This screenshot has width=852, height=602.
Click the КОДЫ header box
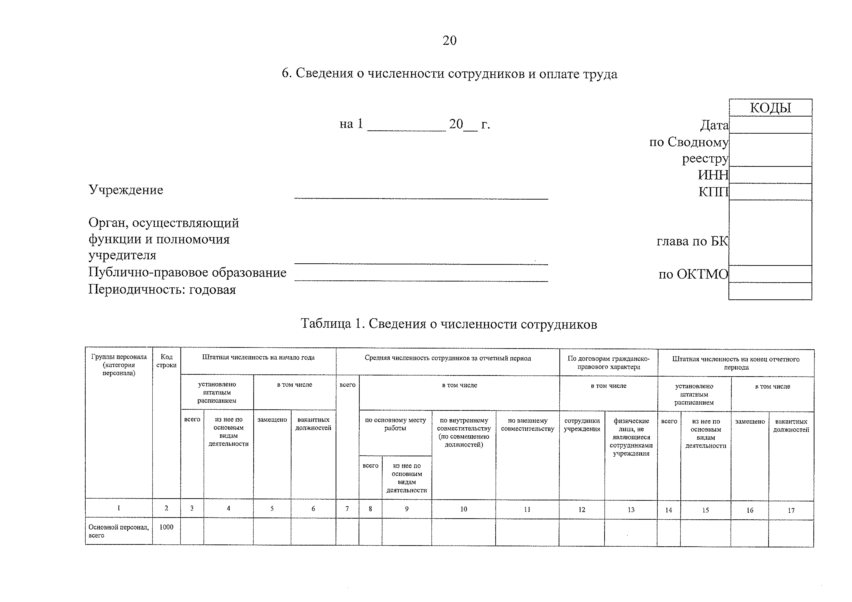coord(770,108)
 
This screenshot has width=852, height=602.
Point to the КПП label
coord(713,192)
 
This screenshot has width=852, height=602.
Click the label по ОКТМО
coord(693,274)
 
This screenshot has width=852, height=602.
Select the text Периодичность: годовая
coord(162,289)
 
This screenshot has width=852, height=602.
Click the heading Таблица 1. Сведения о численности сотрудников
coord(449,324)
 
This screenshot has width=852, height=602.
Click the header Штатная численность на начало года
coord(258,358)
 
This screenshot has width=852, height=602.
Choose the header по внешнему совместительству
coord(527,425)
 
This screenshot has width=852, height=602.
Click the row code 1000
coord(166,527)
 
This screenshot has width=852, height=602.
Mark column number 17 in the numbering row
coord(791,510)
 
